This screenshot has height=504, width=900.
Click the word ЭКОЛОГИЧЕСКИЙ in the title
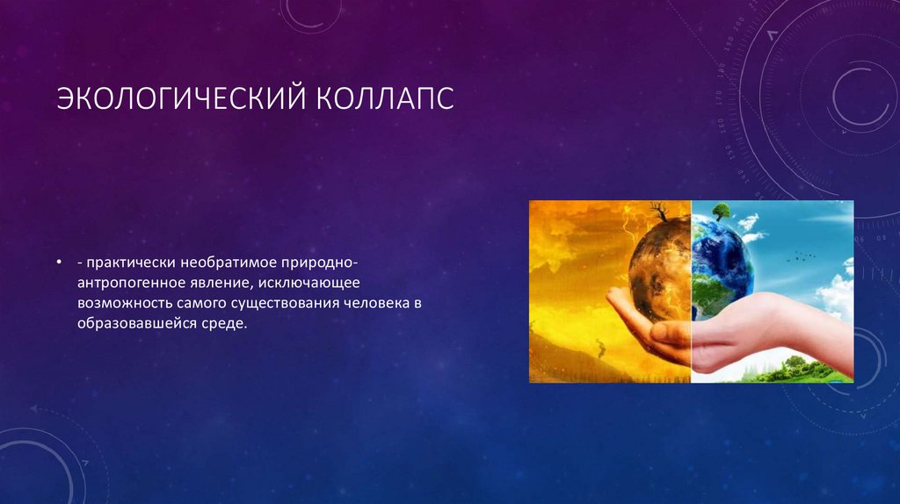(181, 98)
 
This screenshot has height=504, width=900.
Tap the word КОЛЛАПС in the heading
(385, 98)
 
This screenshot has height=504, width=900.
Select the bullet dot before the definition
(59, 263)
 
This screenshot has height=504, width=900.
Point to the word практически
(131, 263)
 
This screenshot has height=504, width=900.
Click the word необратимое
(229, 263)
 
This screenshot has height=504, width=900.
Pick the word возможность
(125, 303)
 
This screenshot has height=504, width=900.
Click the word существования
(281, 303)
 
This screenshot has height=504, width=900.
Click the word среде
(224, 324)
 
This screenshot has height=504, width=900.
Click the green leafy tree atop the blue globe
(721, 212)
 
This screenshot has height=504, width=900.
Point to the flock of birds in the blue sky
(802, 256)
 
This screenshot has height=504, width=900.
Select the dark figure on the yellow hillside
(601, 348)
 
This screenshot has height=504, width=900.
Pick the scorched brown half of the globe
(660, 269)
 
